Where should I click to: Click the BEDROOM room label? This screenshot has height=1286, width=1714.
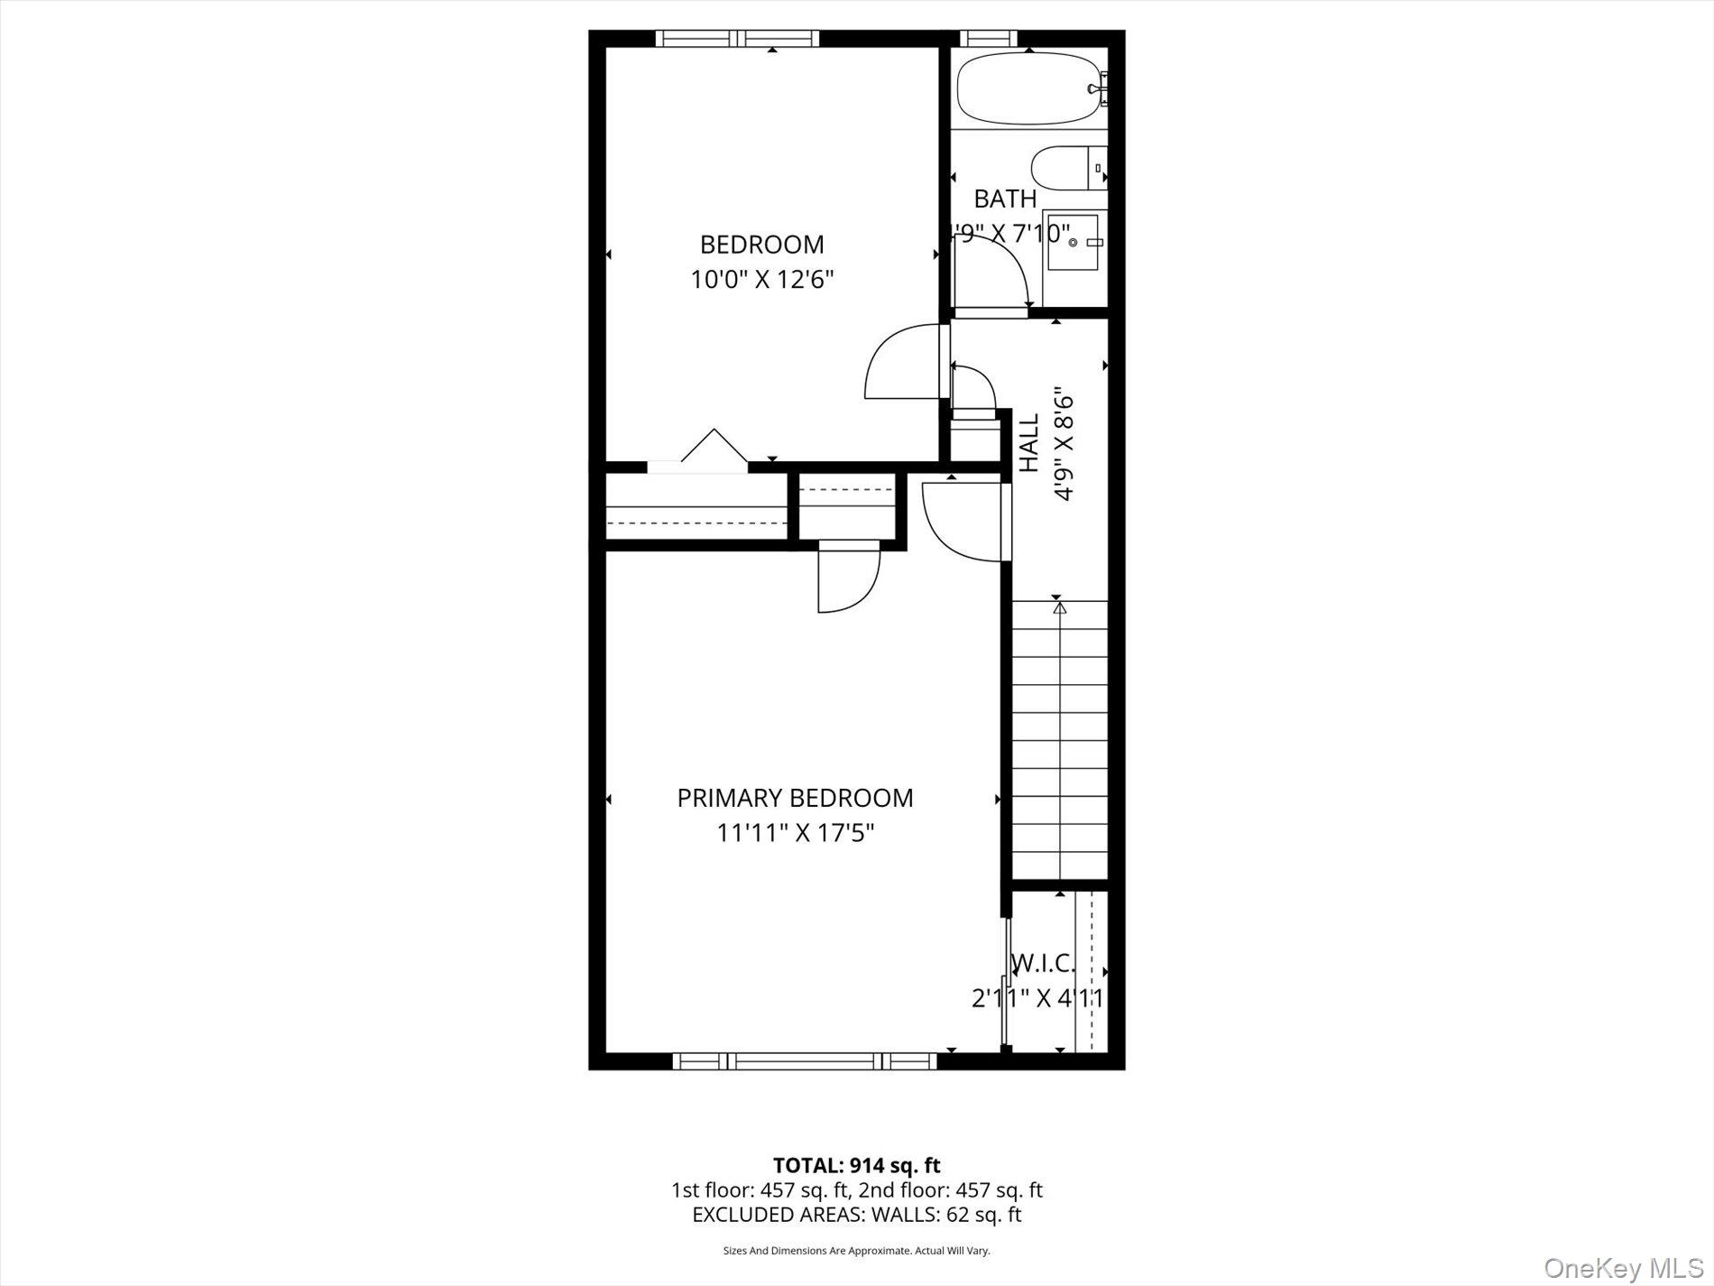[x=762, y=245]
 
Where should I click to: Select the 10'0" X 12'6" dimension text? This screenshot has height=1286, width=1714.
[x=762, y=280]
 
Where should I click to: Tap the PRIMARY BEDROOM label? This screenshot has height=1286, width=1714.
[x=795, y=798]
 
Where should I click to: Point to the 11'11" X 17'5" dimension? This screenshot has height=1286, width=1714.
[x=795, y=832]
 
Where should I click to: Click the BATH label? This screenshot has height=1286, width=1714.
[x=1005, y=199]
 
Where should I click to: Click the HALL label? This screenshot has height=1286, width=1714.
[x=1029, y=442]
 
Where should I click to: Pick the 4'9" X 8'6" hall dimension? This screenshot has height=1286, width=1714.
[x=1064, y=446]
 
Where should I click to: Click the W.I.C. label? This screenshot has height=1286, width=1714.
[x=1044, y=964]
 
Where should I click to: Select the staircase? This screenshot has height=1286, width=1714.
[x=1059, y=740]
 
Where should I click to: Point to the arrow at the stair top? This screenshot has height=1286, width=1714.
[x=1059, y=609]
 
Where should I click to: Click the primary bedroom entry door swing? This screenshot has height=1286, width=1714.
[x=962, y=523]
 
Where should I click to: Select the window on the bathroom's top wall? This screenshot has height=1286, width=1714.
[x=988, y=38]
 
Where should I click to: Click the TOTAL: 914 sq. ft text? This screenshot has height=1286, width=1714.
[x=856, y=1166]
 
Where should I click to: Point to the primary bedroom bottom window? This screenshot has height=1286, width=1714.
[x=806, y=1061]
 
